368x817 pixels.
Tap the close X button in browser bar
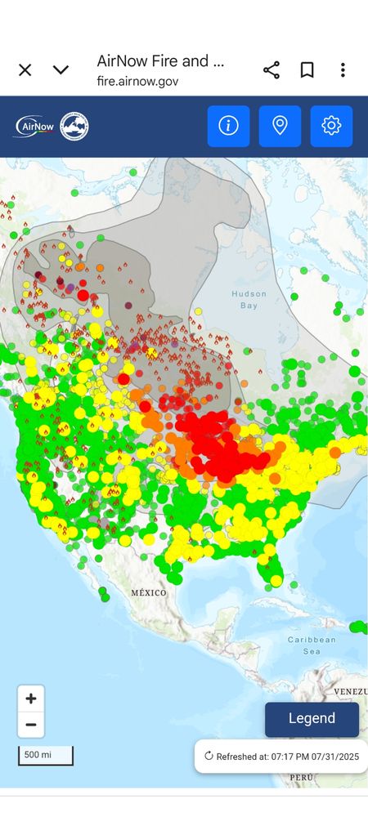tap(25, 69)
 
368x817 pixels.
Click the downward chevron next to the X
tap(61, 69)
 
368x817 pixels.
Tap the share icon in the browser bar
tap(272, 69)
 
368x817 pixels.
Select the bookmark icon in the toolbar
tap(307, 69)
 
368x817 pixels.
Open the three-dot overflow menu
tap(343, 69)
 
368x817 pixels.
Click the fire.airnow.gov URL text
tap(137, 82)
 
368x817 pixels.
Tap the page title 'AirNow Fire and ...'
tap(160, 60)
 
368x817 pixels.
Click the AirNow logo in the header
tap(35, 126)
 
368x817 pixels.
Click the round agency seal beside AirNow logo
tap(74, 126)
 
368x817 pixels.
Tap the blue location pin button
tap(280, 126)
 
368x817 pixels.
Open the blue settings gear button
tap(331, 126)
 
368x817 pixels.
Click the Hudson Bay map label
tap(249, 299)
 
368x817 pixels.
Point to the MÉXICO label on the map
tap(149, 592)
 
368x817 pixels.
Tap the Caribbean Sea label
tap(307, 645)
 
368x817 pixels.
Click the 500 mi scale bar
tap(45, 755)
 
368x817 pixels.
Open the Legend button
tap(312, 719)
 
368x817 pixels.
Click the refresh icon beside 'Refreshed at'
tap(209, 756)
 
